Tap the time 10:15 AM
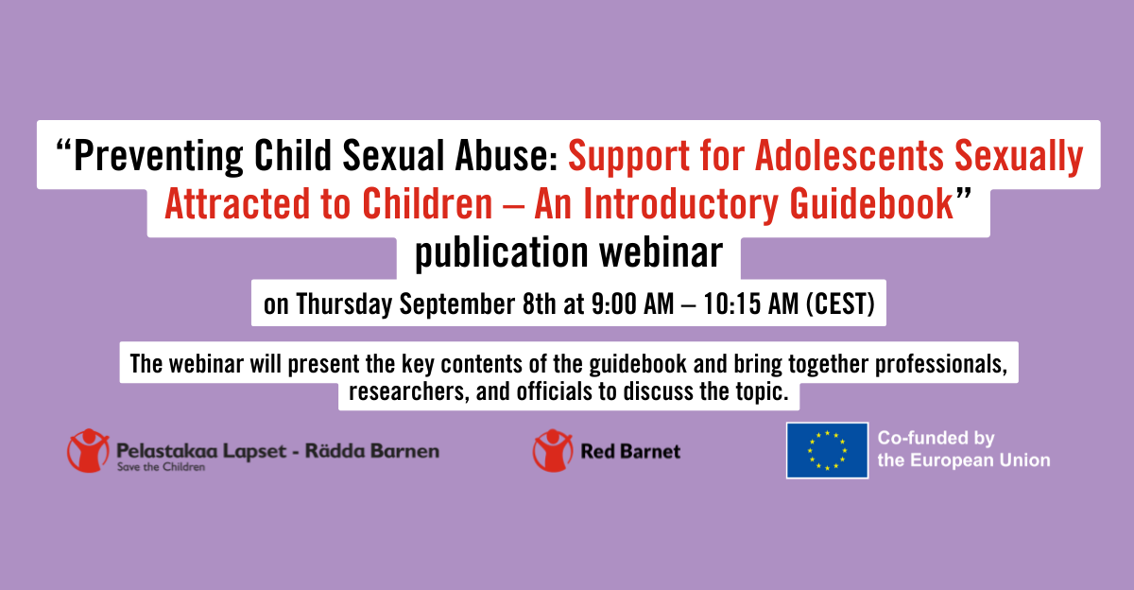[746, 304]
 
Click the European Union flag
[827, 450]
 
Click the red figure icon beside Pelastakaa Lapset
[87, 450]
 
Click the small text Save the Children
[161, 467]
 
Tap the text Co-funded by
[936, 439]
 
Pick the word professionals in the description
[936, 364]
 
